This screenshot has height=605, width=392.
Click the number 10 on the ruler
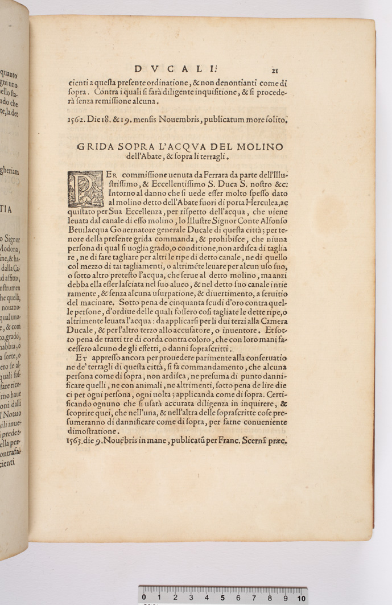point(301,598)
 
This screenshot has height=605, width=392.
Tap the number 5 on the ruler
point(222,598)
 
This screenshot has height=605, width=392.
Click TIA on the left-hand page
point(7,209)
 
